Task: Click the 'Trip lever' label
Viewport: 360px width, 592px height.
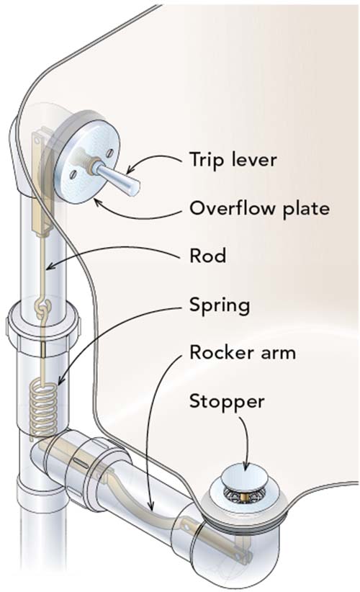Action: coord(233,159)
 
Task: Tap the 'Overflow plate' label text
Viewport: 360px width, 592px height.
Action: coord(260,208)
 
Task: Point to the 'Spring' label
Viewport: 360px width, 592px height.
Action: coord(220,305)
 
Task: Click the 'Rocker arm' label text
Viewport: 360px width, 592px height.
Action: coord(243,352)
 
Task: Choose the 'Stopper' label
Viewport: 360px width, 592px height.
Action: coord(227,401)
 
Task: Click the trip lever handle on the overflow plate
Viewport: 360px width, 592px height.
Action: coord(116,176)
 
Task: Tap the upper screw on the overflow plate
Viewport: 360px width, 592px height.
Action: coord(109,153)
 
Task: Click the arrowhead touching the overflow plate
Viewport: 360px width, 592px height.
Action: coord(98,203)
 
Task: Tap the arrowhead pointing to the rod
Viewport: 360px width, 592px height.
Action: coord(50,267)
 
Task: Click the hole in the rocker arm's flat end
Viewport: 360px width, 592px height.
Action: coord(186,524)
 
